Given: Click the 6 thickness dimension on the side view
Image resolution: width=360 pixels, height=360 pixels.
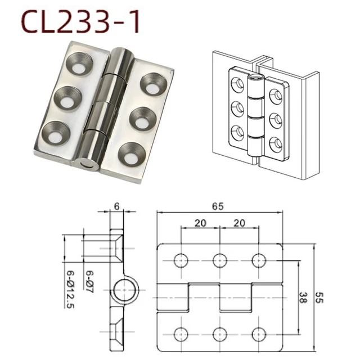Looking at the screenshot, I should pyautogui.click(x=116, y=206).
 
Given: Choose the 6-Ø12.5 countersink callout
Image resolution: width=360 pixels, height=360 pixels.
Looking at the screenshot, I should pyautogui.click(x=70, y=288).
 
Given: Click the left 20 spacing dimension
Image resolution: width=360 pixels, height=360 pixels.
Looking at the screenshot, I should pyautogui.click(x=200, y=222).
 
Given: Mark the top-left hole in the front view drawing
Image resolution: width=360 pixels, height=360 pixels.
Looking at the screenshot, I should pyautogui.click(x=181, y=260).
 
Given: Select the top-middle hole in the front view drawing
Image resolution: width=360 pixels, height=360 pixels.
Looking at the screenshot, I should pyautogui.click(x=219, y=260).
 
